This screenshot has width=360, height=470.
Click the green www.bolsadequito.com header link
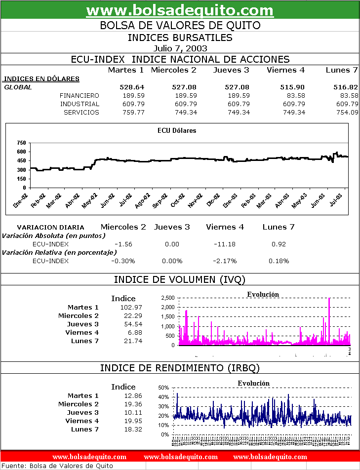tap(180, 10)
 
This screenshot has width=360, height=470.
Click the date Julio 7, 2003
tap(180, 48)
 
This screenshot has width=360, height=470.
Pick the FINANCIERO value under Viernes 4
tap(295, 95)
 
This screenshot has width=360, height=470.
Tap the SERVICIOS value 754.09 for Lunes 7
tap(347, 112)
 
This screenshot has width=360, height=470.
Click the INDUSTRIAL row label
tap(80, 104)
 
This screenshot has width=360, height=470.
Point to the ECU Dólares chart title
tap(177, 131)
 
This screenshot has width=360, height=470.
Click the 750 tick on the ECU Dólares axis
tap(21, 143)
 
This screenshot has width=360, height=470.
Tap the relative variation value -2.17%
tap(225, 261)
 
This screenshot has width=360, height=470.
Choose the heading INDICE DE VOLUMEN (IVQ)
tap(180, 279)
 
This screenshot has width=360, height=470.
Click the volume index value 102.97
tap(131, 307)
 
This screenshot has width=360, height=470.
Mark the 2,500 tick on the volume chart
tap(167, 298)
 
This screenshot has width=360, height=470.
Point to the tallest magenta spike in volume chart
tap(329, 299)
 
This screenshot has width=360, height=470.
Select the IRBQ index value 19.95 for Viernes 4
tap(133, 421)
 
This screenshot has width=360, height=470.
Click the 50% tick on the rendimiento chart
tap(164, 388)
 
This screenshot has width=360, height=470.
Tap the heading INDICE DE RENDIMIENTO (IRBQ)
tap(180, 368)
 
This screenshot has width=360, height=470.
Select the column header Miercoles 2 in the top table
tap(173, 70)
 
